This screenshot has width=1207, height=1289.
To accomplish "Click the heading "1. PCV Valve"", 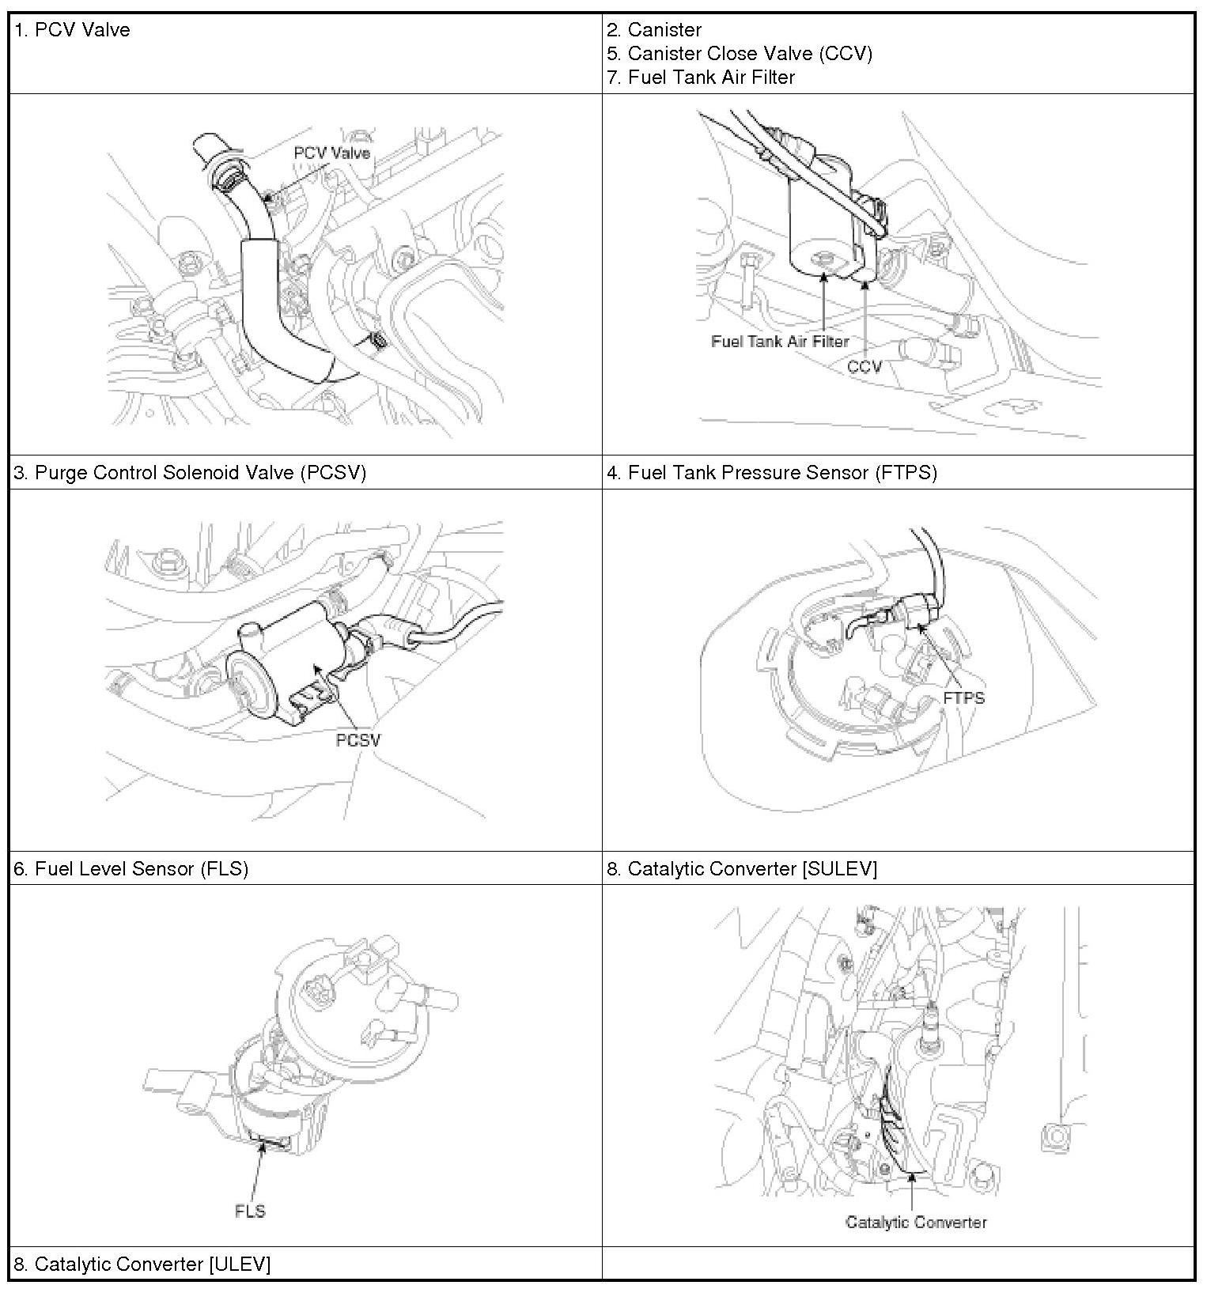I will tap(72, 30).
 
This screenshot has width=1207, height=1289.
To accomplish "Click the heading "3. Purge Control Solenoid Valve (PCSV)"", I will tap(190, 473).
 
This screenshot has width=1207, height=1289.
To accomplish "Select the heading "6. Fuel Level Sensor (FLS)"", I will tap(131, 869).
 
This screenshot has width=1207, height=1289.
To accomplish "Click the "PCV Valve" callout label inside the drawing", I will tap(331, 153).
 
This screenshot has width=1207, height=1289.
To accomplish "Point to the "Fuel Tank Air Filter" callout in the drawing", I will tap(779, 342).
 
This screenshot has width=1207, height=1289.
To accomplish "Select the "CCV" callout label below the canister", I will tap(864, 367).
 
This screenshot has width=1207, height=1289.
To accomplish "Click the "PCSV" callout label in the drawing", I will tap(358, 740).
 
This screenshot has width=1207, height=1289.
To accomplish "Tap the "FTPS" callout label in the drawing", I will tap(963, 698).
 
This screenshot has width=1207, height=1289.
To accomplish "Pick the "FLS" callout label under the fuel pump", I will tap(250, 1212).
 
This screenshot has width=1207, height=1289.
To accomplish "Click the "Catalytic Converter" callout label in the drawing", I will tap(916, 1223).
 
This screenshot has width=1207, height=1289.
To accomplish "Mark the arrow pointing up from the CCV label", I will tap(866, 316).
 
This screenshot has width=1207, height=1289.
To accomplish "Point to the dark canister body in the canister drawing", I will tap(823, 225).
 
